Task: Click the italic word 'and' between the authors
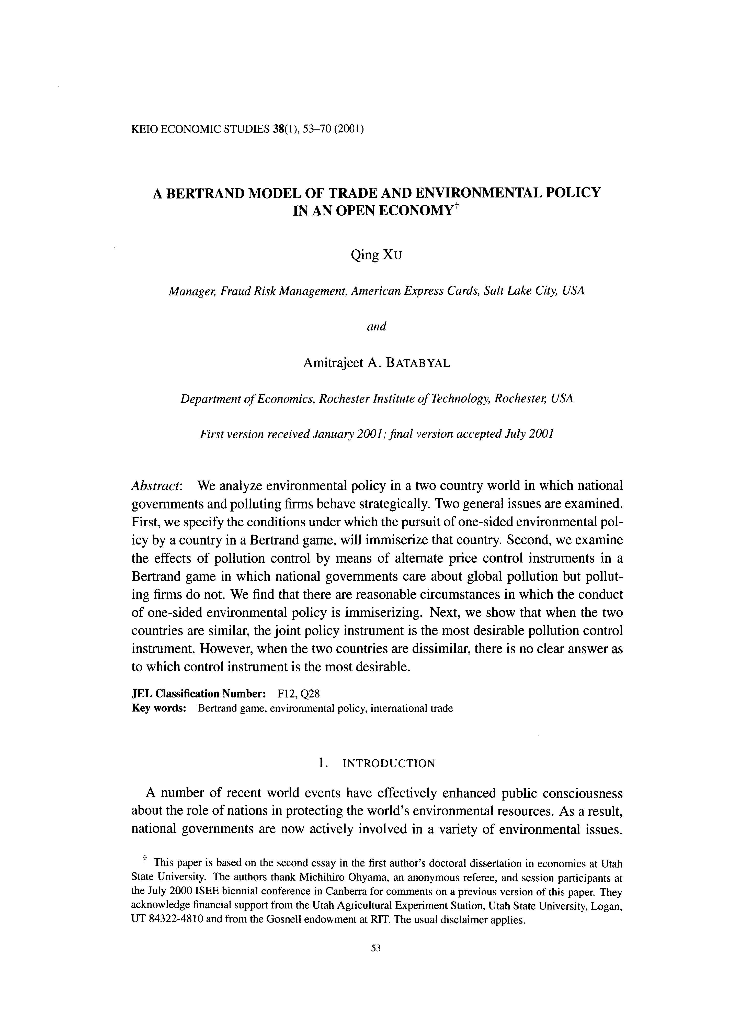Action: pyautogui.click(x=377, y=326)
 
